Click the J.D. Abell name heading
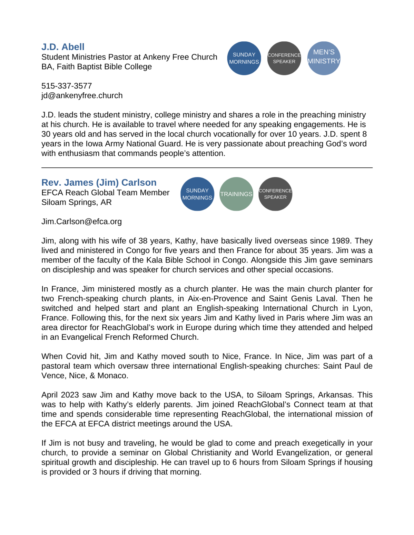pyautogui.click(x=63, y=47)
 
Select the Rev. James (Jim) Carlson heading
pyautogui.click(x=99, y=183)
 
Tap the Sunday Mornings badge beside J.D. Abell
pyautogui.click(x=244, y=58)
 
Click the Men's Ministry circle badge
pyautogui.click(x=324, y=58)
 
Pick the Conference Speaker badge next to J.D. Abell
pyautogui.click(x=284, y=58)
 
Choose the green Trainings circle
pyautogui.click(x=236, y=194)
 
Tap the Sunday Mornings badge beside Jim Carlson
pyautogui.click(x=197, y=194)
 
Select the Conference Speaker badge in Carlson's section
pyautogui.click(x=275, y=194)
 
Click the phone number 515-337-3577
pyautogui.click(x=67, y=86)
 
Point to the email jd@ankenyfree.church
pyautogui.click(x=82, y=95)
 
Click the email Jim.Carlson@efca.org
pyautogui.click(x=81, y=222)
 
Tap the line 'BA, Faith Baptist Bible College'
pyautogui.click(x=96, y=66)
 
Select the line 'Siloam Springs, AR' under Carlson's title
pyautogui.click(x=76, y=202)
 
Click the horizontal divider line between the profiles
pyautogui.click(x=207, y=168)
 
